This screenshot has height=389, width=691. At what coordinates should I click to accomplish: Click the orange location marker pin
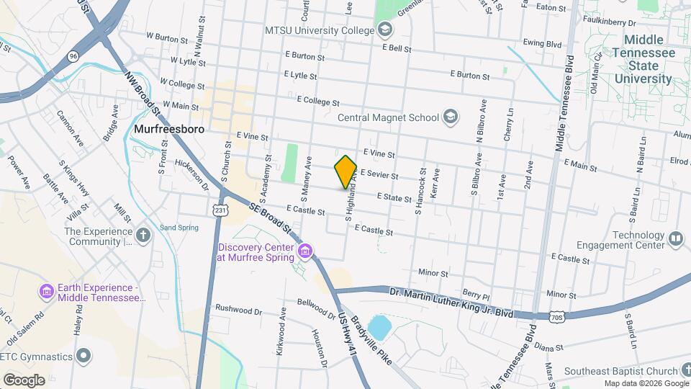(x=345, y=172)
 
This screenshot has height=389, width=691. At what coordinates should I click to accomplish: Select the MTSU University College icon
(x=386, y=30)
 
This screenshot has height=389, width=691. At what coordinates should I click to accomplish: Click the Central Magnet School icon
(x=451, y=117)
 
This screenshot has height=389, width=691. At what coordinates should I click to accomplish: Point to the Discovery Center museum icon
(x=306, y=250)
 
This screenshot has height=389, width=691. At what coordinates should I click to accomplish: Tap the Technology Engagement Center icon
(x=675, y=239)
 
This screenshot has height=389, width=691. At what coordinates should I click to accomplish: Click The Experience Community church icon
(x=144, y=235)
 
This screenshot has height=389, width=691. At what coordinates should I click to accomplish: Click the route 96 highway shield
(x=73, y=55)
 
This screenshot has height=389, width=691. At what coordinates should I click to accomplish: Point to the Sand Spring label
(x=178, y=228)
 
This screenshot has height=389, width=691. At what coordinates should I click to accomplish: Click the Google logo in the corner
(x=24, y=380)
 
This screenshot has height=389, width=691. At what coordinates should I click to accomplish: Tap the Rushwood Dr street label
(x=238, y=311)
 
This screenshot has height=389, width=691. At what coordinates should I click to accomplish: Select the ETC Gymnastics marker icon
(x=84, y=356)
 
